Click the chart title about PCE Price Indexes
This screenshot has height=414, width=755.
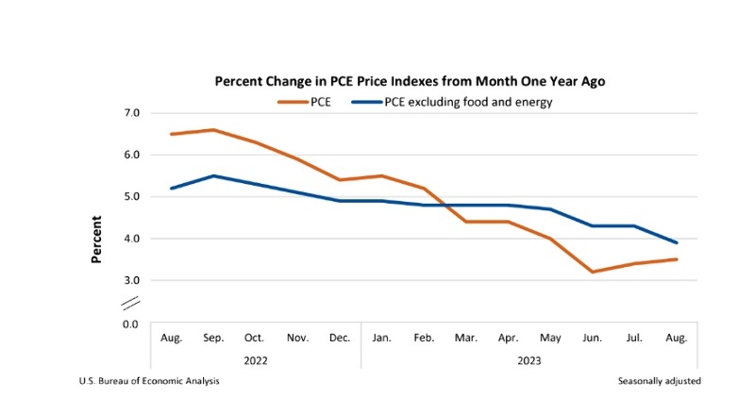410,81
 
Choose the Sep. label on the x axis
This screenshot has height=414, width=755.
214,338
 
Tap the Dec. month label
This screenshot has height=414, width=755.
340,338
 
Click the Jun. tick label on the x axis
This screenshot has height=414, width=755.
592,338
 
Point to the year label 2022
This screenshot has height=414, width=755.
256,359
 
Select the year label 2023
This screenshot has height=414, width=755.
528,359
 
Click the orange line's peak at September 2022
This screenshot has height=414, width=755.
214,130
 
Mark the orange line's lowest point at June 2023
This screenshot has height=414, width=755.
592,272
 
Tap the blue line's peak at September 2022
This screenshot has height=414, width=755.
214,175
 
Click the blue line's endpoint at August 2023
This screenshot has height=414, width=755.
676,242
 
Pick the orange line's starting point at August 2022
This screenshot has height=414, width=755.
171,134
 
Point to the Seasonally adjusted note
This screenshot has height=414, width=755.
659,381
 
